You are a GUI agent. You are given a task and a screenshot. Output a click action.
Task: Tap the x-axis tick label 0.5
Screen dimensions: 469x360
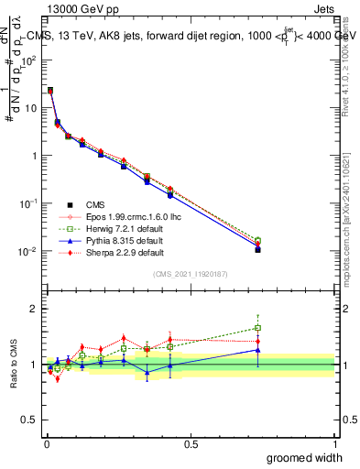click(191, 443)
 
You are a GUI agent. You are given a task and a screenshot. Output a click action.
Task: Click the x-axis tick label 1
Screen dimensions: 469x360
click(334, 443)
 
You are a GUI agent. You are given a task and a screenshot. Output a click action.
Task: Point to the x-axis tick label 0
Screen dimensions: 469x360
click(47, 443)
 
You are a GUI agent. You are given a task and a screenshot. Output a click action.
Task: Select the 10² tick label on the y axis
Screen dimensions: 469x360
click(32, 60)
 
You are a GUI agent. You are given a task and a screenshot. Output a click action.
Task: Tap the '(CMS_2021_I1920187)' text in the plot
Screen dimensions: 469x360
click(191, 273)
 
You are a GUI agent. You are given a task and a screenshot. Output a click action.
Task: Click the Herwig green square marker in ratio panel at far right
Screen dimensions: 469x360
click(258, 328)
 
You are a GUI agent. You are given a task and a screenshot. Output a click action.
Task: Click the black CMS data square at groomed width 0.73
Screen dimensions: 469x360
click(258, 249)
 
